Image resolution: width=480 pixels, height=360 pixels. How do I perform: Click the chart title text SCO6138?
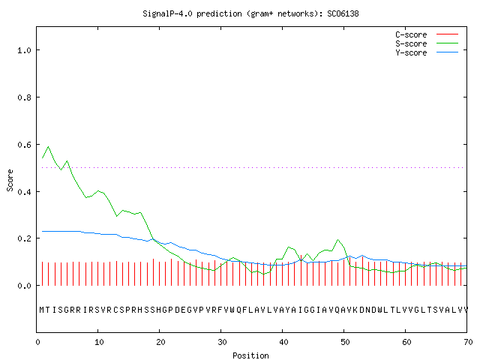[343, 13]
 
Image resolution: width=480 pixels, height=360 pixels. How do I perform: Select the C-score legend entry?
[427, 34]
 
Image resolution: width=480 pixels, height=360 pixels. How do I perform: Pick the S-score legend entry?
[427, 43]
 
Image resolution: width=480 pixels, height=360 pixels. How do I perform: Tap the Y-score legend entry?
[427, 52]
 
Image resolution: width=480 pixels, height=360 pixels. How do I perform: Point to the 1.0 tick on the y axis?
[24, 50]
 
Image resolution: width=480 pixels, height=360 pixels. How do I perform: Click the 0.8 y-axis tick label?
[24, 97]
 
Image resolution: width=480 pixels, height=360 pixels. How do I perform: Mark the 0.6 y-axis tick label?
[24, 145]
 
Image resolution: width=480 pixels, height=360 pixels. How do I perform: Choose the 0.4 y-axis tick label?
[24, 192]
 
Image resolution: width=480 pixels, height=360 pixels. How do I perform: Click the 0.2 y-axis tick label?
[24, 238]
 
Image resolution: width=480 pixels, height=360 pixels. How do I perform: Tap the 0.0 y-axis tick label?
[24, 286]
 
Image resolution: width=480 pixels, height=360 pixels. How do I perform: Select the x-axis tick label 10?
[98, 342]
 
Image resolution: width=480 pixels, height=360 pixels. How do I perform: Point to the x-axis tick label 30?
[222, 342]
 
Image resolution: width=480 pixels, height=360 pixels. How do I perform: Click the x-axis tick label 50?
[345, 342]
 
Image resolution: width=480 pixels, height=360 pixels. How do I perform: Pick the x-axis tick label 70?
[468, 342]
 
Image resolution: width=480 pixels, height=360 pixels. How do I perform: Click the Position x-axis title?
[250, 355]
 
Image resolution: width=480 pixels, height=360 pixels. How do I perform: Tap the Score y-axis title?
[10, 180]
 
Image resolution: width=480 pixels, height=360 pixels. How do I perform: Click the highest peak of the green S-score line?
[48, 147]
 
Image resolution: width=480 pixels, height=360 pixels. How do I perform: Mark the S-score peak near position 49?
[337, 240]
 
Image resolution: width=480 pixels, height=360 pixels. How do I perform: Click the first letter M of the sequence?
[42, 310]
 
